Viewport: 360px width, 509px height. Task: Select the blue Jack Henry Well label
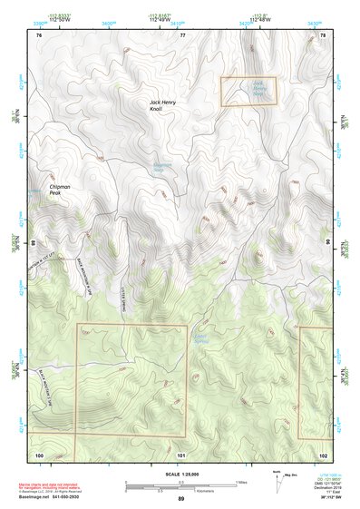click(x=259, y=89)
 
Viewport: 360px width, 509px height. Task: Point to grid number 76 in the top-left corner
click(x=39, y=34)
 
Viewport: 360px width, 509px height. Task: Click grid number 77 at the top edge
click(x=181, y=34)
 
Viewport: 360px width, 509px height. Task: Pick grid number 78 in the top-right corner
click(x=323, y=34)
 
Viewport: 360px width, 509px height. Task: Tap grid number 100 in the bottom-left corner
click(x=39, y=454)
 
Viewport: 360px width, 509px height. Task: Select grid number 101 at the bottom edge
click(x=181, y=454)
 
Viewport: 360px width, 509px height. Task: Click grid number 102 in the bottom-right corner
click(x=323, y=454)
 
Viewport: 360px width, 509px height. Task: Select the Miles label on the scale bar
click(x=241, y=482)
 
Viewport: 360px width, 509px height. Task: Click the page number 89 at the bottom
click(x=180, y=499)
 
